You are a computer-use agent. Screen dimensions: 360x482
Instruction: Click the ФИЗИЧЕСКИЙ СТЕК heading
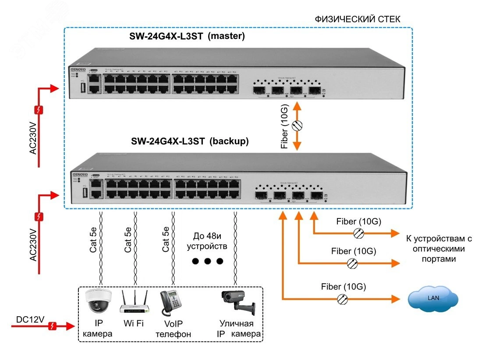(358, 20)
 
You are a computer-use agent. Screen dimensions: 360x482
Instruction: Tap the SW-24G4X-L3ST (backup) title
(190, 141)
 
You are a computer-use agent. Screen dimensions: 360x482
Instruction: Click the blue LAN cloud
(433, 299)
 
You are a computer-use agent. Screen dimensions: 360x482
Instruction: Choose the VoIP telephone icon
(170, 302)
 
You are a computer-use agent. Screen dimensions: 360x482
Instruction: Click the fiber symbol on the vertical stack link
(297, 125)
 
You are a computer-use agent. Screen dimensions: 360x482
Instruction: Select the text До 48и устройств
(207, 241)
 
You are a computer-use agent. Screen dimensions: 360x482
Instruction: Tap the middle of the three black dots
(207, 261)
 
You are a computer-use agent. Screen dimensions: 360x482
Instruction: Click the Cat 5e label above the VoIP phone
(166, 239)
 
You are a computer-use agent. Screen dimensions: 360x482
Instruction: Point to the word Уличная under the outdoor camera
(236, 324)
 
